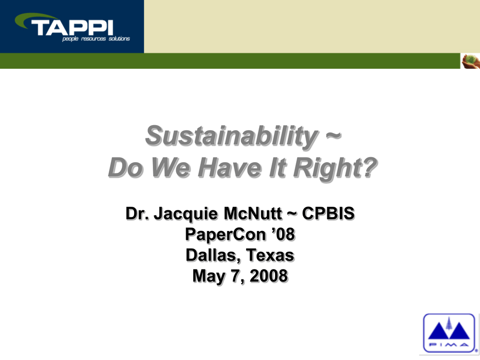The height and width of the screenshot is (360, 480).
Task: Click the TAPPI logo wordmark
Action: click(x=72, y=28)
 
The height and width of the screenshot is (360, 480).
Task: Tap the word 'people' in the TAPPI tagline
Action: click(x=70, y=39)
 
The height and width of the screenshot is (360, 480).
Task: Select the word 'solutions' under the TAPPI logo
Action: click(x=119, y=38)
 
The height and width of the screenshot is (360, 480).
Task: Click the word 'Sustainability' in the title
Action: click(x=232, y=136)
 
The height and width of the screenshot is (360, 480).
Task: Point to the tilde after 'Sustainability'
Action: click(x=333, y=135)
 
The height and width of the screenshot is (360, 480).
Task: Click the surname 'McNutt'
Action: click(x=253, y=213)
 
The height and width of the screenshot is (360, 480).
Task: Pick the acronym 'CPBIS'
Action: click(x=328, y=213)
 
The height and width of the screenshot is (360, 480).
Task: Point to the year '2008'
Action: click(x=269, y=276)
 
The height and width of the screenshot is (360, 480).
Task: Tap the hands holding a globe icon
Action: click(x=471, y=61)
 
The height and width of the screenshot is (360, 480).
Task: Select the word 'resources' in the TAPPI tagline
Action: click(x=93, y=39)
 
